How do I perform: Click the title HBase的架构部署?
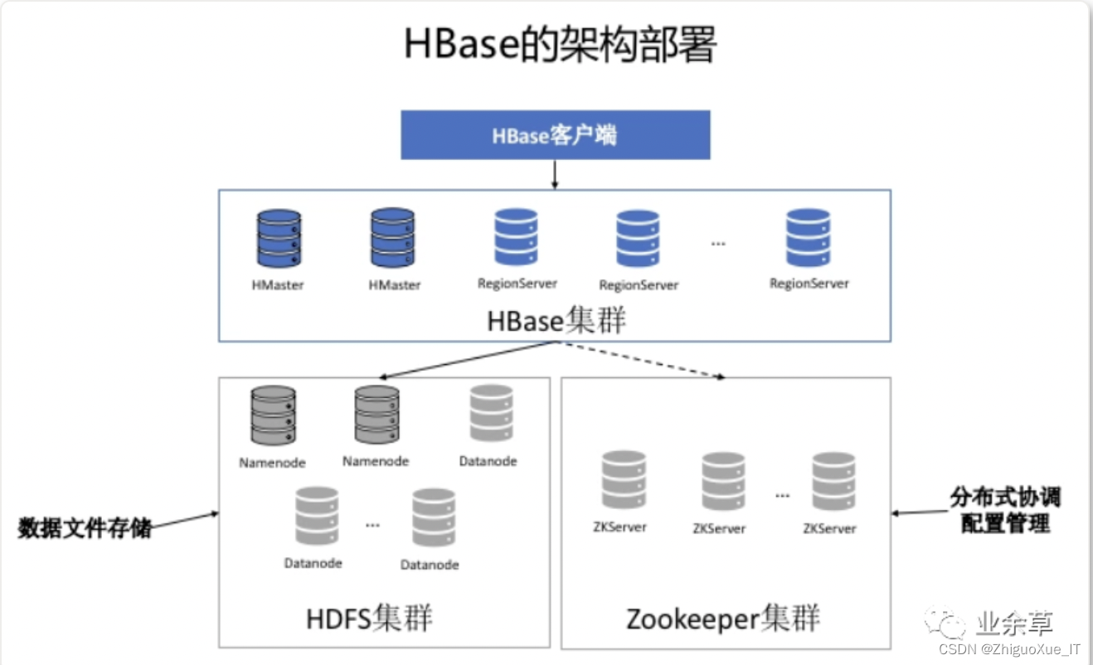pyautogui.click(x=560, y=45)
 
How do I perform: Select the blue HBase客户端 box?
pyautogui.click(x=555, y=135)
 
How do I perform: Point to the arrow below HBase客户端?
pyautogui.click(x=554, y=173)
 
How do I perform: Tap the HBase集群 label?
pyautogui.click(x=556, y=321)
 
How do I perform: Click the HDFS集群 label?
pyautogui.click(x=369, y=619)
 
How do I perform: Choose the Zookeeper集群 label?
pyautogui.click(x=723, y=619)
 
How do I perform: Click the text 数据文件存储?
pyautogui.click(x=85, y=528)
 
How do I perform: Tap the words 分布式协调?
pyautogui.click(x=1005, y=498)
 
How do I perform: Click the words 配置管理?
pyautogui.click(x=1005, y=524)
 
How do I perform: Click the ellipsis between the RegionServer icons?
pyautogui.click(x=718, y=244)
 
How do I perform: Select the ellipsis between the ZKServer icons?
pyautogui.click(x=783, y=495)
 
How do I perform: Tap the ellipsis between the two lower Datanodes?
pyautogui.click(x=372, y=525)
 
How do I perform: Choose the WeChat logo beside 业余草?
pyautogui.click(x=945, y=624)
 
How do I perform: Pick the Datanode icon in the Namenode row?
pyautogui.click(x=491, y=413)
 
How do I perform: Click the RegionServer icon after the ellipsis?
pyautogui.click(x=809, y=238)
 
